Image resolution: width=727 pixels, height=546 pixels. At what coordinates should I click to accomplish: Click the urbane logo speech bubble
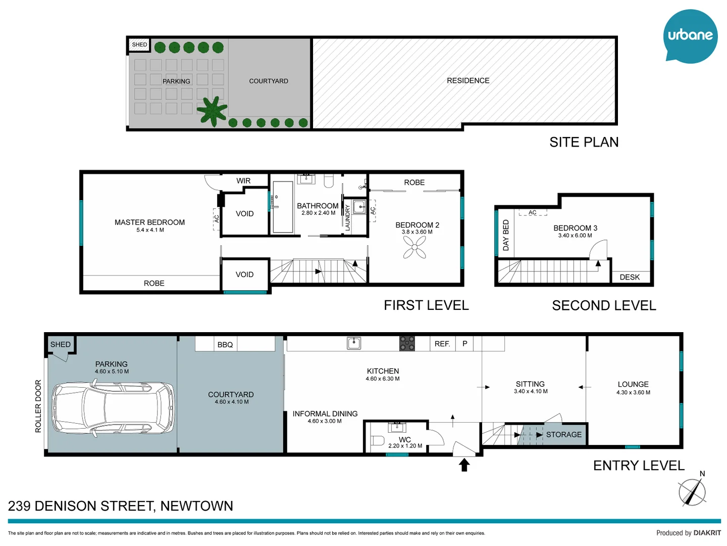tap(690, 36)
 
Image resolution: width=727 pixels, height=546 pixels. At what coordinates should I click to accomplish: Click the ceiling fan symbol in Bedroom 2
tap(414, 247)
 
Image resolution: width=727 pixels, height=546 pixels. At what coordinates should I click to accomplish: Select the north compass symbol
tap(692, 491)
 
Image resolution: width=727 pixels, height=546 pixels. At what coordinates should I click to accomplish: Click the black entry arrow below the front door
tap(464, 465)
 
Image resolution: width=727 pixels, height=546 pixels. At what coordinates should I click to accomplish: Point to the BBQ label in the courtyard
tap(225, 345)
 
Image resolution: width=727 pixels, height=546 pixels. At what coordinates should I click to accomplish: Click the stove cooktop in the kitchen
tap(407, 343)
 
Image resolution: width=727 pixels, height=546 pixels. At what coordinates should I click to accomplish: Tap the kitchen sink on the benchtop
tap(354, 343)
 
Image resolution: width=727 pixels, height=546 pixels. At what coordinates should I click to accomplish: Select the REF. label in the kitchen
tap(442, 344)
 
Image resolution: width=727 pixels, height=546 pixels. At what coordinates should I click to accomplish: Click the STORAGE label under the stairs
tap(563, 435)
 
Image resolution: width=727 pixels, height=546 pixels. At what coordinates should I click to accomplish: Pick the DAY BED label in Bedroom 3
tap(506, 235)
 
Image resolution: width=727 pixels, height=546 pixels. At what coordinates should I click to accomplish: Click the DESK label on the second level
tap(630, 277)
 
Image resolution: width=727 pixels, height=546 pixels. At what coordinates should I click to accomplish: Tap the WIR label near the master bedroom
tap(243, 181)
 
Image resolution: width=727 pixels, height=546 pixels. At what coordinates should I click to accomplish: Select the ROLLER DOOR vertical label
tap(38, 406)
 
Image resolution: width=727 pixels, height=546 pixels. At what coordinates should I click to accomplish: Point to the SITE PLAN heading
tap(584, 143)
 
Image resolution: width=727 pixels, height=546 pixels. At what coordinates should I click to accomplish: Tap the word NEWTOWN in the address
tap(196, 506)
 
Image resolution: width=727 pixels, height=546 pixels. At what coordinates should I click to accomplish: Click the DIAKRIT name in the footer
tap(707, 533)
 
